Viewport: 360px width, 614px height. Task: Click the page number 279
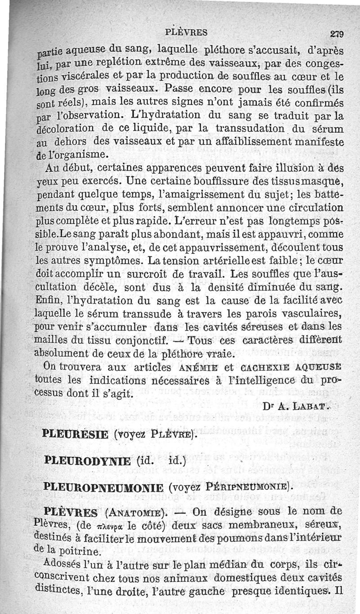pos(337,33)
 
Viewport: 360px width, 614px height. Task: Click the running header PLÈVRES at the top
pos(186,32)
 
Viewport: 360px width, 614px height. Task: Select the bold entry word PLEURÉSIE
pos(75,434)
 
